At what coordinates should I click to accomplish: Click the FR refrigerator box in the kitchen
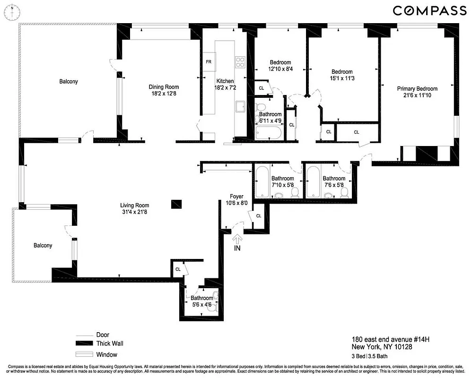point(209,62)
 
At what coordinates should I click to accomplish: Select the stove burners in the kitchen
point(240,63)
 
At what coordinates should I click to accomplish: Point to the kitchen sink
point(240,106)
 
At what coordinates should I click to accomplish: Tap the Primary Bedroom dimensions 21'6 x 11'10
point(417,95)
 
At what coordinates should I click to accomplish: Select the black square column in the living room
point(176,204)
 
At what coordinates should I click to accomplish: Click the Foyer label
point(236,197)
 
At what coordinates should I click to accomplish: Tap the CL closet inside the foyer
point(258,216)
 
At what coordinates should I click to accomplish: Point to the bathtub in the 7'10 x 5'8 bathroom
point(262,182)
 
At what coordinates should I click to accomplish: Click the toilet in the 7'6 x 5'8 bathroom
point(345,192)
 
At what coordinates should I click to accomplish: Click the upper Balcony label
point(69,82)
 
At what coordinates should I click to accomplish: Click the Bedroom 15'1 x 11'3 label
point(341,75)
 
